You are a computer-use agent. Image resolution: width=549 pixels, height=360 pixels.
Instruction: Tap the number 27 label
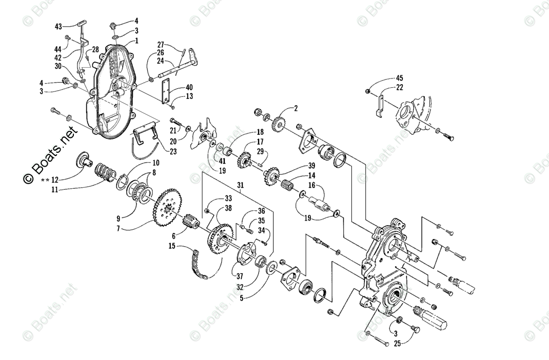161,44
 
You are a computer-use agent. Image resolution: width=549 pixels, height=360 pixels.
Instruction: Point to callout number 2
296,108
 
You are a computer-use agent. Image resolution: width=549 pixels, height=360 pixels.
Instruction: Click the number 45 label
399,78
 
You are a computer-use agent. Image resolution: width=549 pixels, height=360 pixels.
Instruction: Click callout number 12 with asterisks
51,181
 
